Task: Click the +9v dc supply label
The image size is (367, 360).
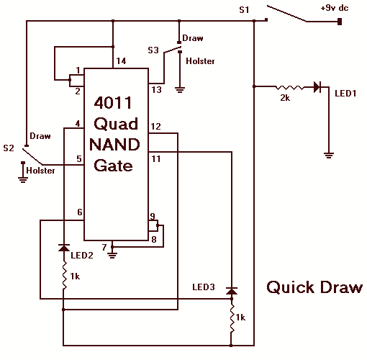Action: [335, 8]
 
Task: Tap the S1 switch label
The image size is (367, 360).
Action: [244, 10]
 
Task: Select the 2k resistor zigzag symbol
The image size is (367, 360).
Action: [289, 88]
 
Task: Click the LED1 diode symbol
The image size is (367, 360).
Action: [317, 87]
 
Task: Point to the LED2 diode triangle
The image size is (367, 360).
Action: [64, 248]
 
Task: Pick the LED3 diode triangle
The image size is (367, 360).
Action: [232, 291]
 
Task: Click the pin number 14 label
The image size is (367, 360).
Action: [121, 61]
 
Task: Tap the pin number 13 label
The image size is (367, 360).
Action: [156, 90]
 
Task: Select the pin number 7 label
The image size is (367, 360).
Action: [104, 247]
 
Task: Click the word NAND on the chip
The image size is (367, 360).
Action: [114, 145]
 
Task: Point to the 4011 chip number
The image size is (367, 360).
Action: [113, 103]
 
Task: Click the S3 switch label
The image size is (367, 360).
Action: [153, 50]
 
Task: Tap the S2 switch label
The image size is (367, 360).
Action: [9, 148]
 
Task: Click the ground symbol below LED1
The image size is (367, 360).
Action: [329, 156]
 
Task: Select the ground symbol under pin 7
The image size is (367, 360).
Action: [112, 255]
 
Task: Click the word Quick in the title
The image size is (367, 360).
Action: [291, 287]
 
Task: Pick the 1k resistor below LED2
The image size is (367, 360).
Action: [64, 275]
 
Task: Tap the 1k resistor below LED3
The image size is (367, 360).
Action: [232, 318]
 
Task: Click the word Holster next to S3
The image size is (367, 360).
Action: [200, 61]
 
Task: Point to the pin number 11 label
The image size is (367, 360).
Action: [156, 159]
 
